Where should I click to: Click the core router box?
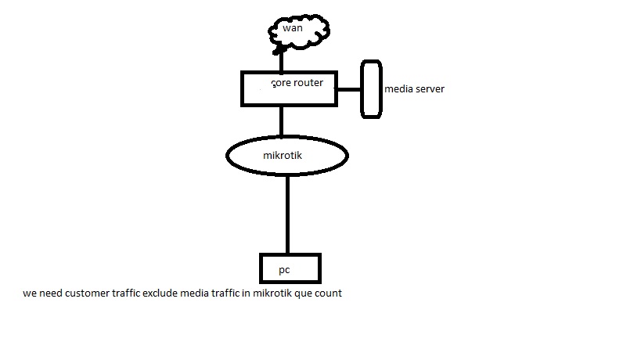tap(288, 88)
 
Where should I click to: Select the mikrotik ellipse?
tap(287, 157)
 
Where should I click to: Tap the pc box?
tap(290, 268)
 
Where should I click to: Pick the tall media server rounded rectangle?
tap(371, 89)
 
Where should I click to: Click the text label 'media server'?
tap(414, 89)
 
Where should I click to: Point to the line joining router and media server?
tap(348, 89)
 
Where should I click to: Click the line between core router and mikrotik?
tap(281, 122)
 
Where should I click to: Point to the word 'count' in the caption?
tap(329, 294)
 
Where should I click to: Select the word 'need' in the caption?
tap(51, 294)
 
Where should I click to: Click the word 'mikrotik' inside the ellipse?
tap(283, 155)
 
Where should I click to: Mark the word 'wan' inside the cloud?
tap(292, 28)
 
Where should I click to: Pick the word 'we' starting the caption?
tap(29, 294)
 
